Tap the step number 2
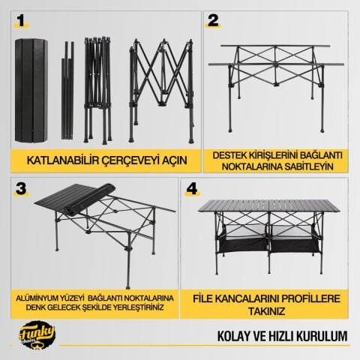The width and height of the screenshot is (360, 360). pyautogui.click(x=213, y=20)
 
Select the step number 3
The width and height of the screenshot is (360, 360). pyautogui.click(x=21, y=188)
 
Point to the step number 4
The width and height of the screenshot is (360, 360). pyautogui.click(x=192, y=188)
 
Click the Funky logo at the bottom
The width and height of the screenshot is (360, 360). pyautogui.click(x=37, y=335)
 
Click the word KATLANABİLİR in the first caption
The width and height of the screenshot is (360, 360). pyautogui.click(x=63, y=160)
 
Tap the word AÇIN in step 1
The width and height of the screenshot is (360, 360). pyautogui.click(x=174, y=160)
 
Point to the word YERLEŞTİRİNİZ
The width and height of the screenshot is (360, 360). pyautogui.click(x=139, y=307)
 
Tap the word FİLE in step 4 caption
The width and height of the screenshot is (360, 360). pyautogui.click(x=202, y=299)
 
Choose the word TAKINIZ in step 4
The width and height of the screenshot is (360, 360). pyautogui.click(x=266, y=311)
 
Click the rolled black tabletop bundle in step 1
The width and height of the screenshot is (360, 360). pyautogui.click(x=31, y=91)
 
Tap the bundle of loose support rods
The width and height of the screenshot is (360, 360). pyautogui.click(x=67, y=91)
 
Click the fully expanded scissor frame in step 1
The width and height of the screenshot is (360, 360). pyautogui.click(x=161, y=91)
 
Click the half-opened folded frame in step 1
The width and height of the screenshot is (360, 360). pyautogui.click(x=97, y=91)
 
